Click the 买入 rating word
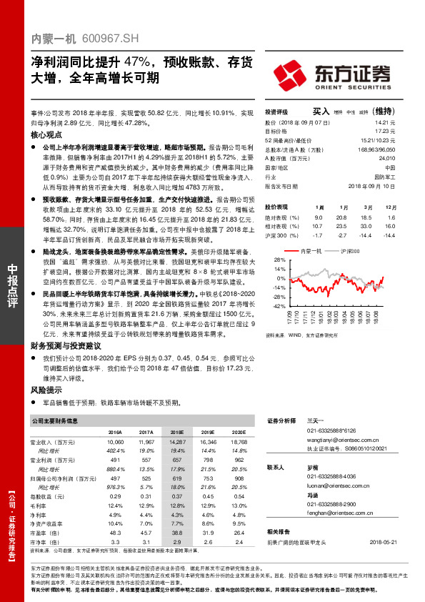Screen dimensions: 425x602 point(321,112)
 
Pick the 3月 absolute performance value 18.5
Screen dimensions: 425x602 point(368,217)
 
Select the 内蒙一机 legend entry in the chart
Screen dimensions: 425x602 point(312,251)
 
